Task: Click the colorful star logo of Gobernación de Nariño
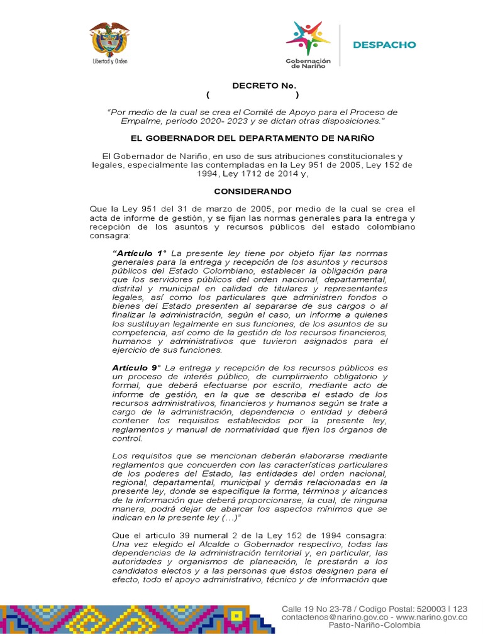(308, 38)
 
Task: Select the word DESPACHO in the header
(384, 45)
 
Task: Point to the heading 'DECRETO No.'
(255, 85)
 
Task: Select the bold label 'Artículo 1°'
(139, 253)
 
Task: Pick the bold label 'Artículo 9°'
(136, 367)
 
